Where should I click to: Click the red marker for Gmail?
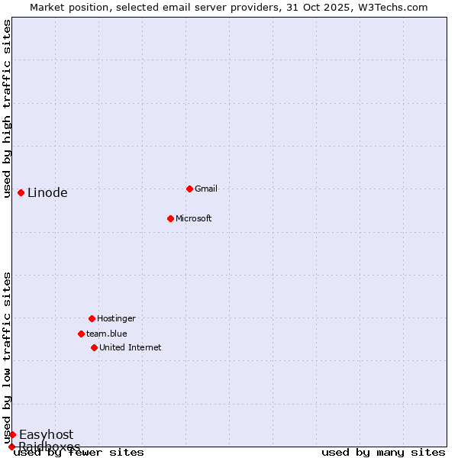click(x=189, y=189)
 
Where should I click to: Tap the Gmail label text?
click(x=206, y=189)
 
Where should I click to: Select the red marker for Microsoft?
click(x=170, y=218)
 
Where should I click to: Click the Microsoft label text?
click(x=193, y=218)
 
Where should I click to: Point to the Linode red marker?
click(x=21, y=192)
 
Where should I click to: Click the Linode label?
click(x=47, y=192)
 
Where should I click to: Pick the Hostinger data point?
click(x=92, y=318)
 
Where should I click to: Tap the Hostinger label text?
click(x=116, y=318)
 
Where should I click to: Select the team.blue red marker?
click(x=81, y=334)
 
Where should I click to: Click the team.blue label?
click(x=106, y=334)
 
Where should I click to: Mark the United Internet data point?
click(x=94, y=347)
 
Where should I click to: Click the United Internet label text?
click(x=130, y=347)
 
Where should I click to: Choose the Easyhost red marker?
click(x=12, y=434)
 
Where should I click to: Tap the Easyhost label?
click(x=46, y=435)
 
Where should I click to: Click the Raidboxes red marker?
click(x=11, y=447)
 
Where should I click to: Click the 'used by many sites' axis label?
click(x=383, y=453)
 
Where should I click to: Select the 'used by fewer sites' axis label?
click(x=79, y=453)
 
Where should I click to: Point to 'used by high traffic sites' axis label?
click(x=8, y=108)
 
